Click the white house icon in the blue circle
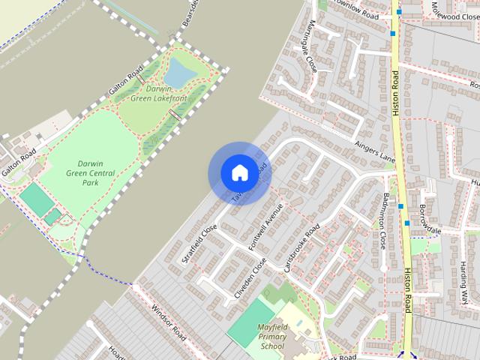point(239,172)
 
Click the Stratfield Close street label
point(199,244)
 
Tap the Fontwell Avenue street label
point(266,227)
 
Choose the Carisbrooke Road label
point(301,247)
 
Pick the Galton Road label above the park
point(125,83)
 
